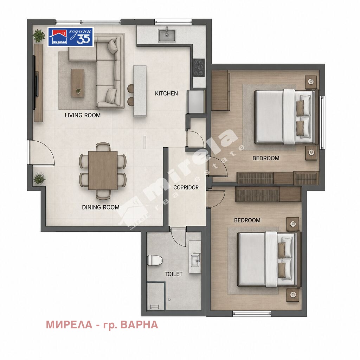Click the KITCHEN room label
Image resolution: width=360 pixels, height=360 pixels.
click(166, 94)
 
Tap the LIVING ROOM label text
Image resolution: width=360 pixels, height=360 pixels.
click(82, 115)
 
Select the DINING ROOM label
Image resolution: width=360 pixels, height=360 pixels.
click(101, 207)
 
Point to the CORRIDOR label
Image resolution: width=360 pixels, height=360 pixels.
click(186, 187)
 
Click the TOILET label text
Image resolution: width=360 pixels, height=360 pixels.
click(174, 274)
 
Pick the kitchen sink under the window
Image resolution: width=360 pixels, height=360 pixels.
click(167, 36)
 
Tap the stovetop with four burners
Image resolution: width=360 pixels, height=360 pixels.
click(199, 68)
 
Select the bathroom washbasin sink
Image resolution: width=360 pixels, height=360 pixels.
click(195, 260)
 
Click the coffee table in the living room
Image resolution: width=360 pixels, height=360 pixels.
click(77, 83)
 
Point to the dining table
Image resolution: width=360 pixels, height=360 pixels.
click(103, 171)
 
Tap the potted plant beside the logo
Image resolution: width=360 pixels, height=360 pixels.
click(39, 36)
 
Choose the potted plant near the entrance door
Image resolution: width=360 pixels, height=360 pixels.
click(39, 179)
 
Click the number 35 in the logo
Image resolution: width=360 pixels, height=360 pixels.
click(83, 39)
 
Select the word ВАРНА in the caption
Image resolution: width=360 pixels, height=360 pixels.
click(139, 324)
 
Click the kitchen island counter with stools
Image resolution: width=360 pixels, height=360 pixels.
click(140, 91)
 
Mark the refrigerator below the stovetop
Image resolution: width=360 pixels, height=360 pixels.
click(196, 102)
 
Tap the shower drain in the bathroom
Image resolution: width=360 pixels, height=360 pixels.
click(169, 300)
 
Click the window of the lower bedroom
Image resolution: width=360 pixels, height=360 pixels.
click(252, 313)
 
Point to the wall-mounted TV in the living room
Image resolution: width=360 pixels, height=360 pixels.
click(35, 83)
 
